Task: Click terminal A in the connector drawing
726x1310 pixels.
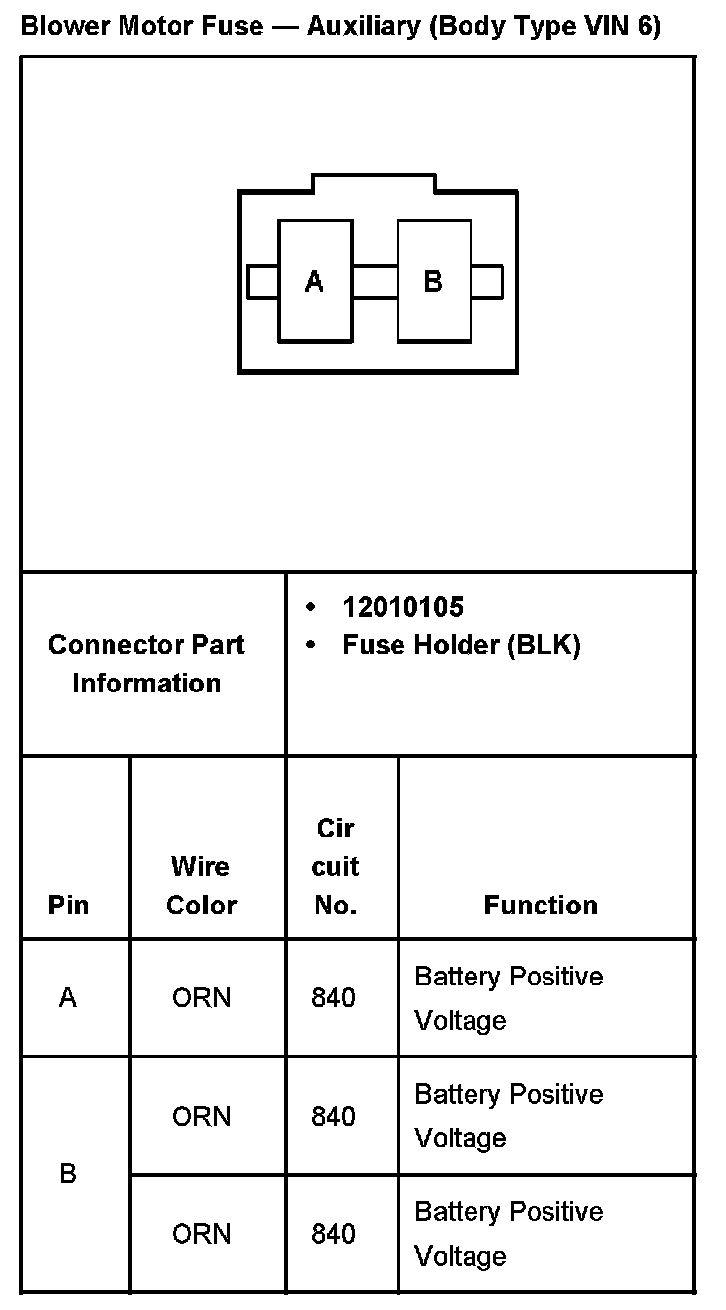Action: (315, 282)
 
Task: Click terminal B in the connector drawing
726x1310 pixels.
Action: (433, 282)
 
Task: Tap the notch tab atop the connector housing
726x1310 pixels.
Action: (374, 182)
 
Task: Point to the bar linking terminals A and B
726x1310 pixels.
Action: (375, 281)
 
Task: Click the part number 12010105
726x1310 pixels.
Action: (402, 606)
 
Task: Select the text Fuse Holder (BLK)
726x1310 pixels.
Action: (461, 645)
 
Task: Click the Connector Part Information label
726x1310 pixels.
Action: (146, 664)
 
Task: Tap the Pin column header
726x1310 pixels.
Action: (68, 905)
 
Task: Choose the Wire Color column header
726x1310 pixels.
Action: (201, 886)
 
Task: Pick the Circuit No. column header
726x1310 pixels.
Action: (335, 866)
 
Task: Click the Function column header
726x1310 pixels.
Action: (541, 905)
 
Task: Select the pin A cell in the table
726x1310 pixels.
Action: (68, 998)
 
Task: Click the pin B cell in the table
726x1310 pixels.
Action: (68, 1174)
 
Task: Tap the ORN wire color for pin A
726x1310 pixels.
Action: (201, 998)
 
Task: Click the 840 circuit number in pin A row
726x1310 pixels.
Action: (333, 998)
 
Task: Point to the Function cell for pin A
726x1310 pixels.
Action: (508, 998)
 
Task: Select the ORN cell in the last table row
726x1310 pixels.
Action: (201, 1234)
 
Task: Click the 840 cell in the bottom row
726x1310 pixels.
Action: (333, 1234)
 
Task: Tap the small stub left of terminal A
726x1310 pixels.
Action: (261, 281)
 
